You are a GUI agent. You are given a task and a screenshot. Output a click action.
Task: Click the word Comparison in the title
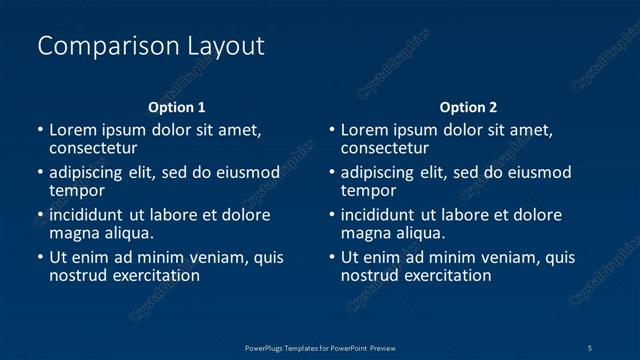(x=97, y=46)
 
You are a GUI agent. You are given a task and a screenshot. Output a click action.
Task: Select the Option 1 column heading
(x=177, y=107)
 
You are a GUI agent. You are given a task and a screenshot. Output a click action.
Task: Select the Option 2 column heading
(x=468, y=107)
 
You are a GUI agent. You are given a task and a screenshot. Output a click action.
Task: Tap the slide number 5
(x=591, y=347)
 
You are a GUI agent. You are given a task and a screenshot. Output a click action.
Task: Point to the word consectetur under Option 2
(x=385, y=148)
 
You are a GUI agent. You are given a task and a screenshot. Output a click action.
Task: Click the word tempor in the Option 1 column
(x=77, y=190)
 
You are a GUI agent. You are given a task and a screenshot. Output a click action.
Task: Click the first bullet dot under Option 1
(x=40, y=130)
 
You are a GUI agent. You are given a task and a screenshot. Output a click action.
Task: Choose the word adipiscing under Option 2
(x=385, y=172)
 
